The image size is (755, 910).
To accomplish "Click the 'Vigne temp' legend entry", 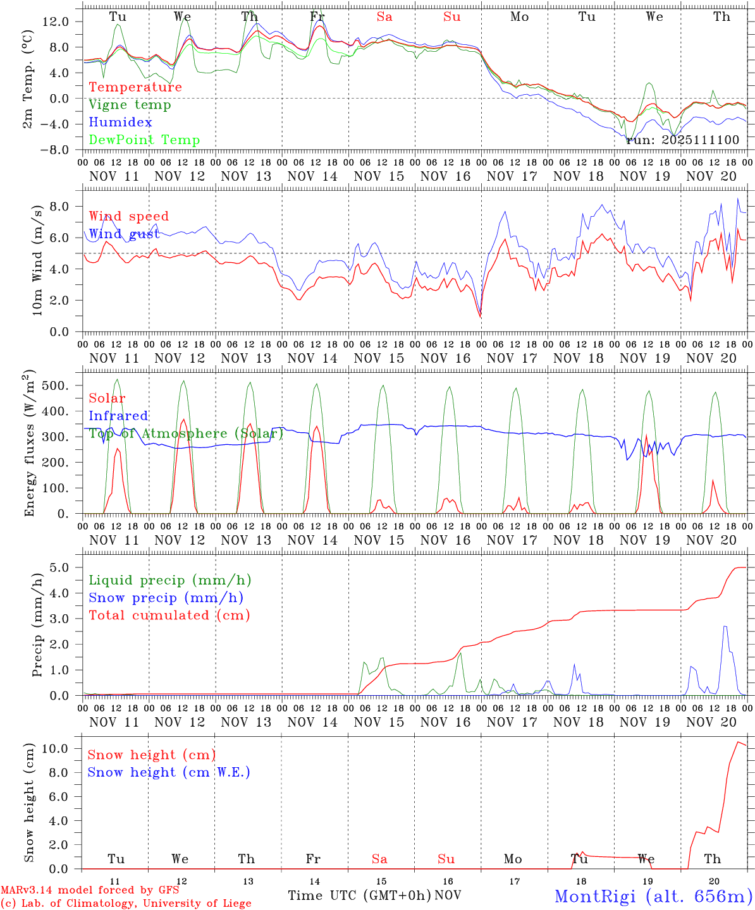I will pyautogui.click(x=130, y=105).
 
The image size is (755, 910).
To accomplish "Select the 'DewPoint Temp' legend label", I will pyautogui.click(x=144, y=140).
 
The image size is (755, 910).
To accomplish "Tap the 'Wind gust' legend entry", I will pyautogui.click(x=124, y=234).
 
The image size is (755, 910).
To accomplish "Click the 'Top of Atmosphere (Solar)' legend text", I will pyautogui.click(x=186, y=434).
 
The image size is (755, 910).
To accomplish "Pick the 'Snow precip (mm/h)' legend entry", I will pyautogui.click(x=166, y=598).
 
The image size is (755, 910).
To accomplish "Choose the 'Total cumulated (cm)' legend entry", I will pyautogui.click(x=169, y=616).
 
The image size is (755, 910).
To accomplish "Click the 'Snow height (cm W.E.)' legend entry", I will pyautogui.click(x=169, y=772).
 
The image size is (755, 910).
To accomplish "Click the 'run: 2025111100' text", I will pyautogui.click(x=682, y=140).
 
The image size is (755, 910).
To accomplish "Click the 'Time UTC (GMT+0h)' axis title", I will pyautogui.click(x=360, y=895).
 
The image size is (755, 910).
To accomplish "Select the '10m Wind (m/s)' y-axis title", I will pyautogui.click(x=37, y=259).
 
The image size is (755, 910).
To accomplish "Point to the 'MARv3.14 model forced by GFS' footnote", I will pyautogui.click(x=90, y=890).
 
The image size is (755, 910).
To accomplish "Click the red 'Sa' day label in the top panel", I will pyautogui.click(x=384, y=17).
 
